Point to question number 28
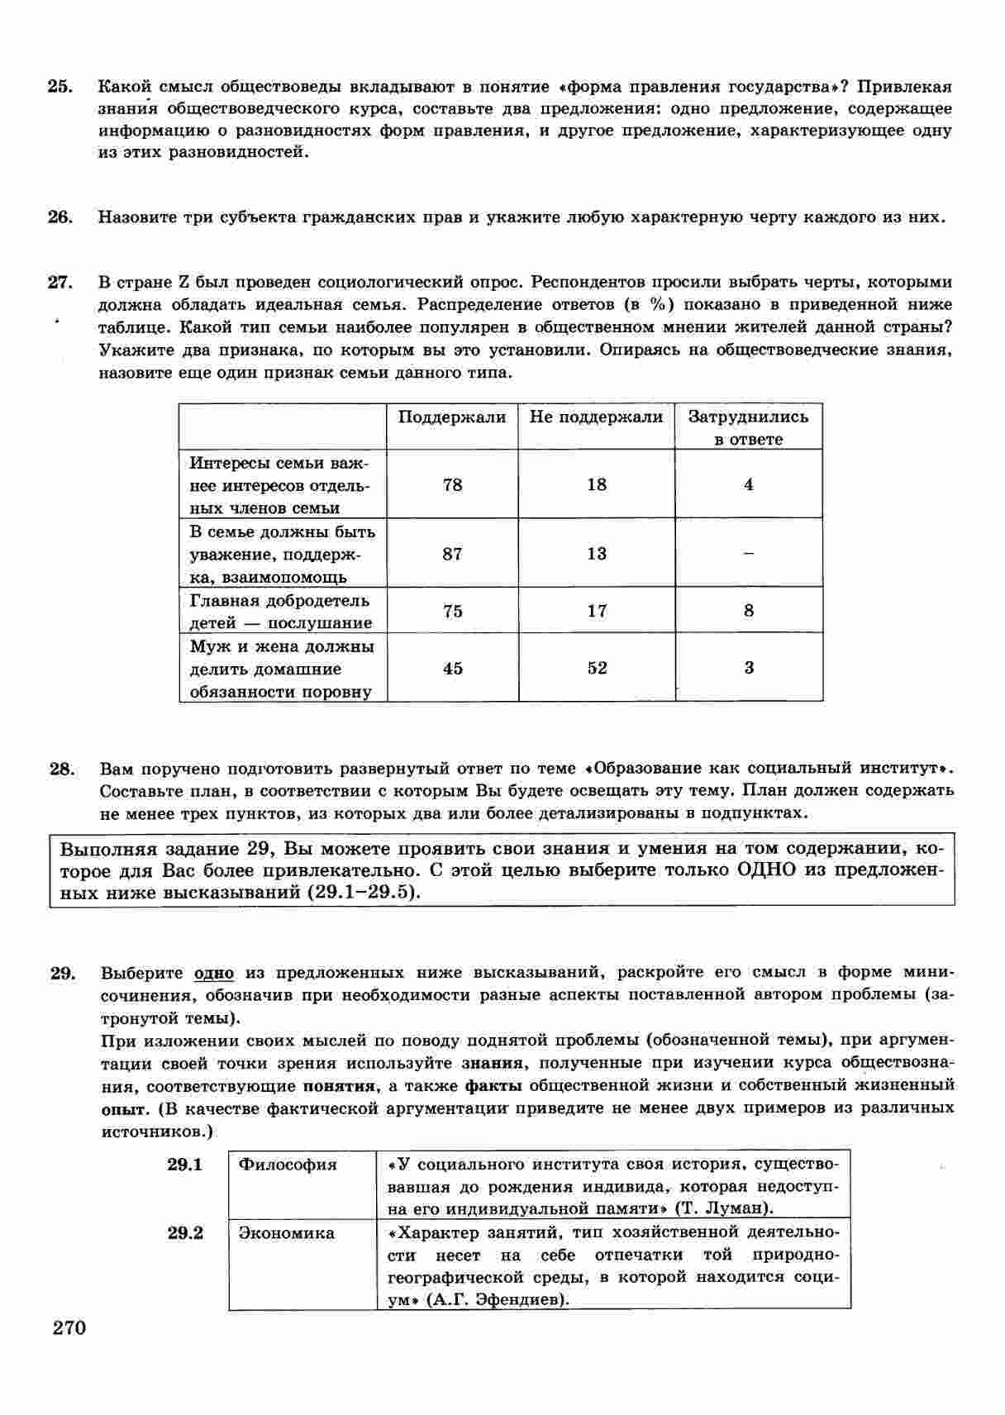[x=62, y=769]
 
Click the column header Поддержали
[x=452, y=417]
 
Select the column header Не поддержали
[x=596, y=417]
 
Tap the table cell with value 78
[x=452, y=484]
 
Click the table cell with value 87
[x=452, y=554]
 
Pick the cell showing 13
[x=597, y=554]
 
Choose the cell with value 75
[x=452, y=611]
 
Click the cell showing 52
[x=597, y=668]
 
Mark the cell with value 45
[x=452, y=668]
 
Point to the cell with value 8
[x=749, y=611]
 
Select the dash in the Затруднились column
[x=749, y=554]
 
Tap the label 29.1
[x=185, y=1165]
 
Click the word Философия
[x=288, y=1165]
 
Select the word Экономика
[x=286, y=1233]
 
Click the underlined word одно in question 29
[x=214, y=973]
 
